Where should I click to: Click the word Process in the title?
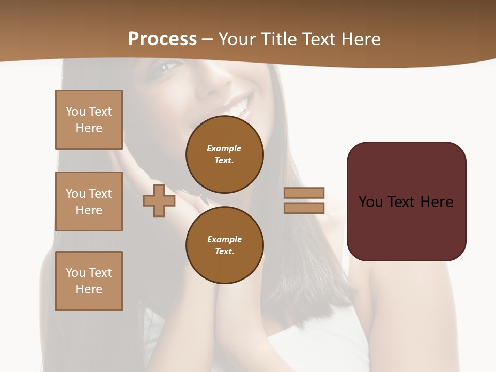point(162,39)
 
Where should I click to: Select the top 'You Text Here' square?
point(89,120)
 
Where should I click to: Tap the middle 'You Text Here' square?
point(89,202)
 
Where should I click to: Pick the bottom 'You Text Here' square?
point(89,281)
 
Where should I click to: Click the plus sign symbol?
point(159,200)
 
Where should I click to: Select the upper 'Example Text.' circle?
point(224,154)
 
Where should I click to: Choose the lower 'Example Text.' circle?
point(224,245)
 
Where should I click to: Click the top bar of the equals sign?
point(304,193)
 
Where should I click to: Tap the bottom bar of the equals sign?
point(304,208)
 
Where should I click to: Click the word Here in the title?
point(362,39)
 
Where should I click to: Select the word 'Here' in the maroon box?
point(437,202)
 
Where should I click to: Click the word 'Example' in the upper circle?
point(224,148)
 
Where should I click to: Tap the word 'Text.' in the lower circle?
point(224,252)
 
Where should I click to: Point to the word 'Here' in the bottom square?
point(89,289)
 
